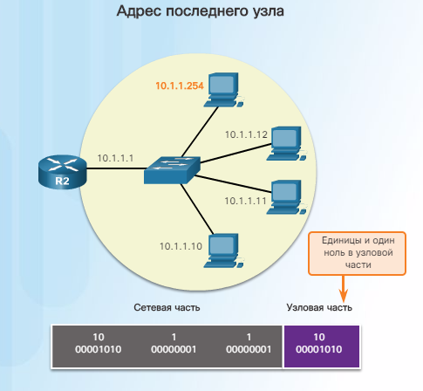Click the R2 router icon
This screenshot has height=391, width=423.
pos(63,172)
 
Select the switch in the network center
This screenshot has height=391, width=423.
pos(172,170)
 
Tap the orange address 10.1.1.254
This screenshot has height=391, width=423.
pos(180,86)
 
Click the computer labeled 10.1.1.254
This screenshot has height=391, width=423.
pos(223,90)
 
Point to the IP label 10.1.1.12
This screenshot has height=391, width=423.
pos(246,134)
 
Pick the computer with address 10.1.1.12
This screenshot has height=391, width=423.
pos(286,144)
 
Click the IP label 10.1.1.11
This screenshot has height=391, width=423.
pos(245,201)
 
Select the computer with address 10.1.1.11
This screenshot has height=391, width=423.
pos(286,197)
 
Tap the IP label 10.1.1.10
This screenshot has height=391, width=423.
pos(181,246)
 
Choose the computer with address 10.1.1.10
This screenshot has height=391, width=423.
pos(223,250)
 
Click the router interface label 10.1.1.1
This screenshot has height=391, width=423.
pos(115,158)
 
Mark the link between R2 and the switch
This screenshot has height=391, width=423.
pos(116,168)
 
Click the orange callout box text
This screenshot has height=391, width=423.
pos(358,252)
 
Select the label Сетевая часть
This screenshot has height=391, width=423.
pos(167,307)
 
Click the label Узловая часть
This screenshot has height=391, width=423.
pos(319,307)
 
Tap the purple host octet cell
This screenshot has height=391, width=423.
pos(322,346)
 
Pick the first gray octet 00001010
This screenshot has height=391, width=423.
pos(99,349)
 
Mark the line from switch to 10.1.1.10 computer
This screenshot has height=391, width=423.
pos(197,209)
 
